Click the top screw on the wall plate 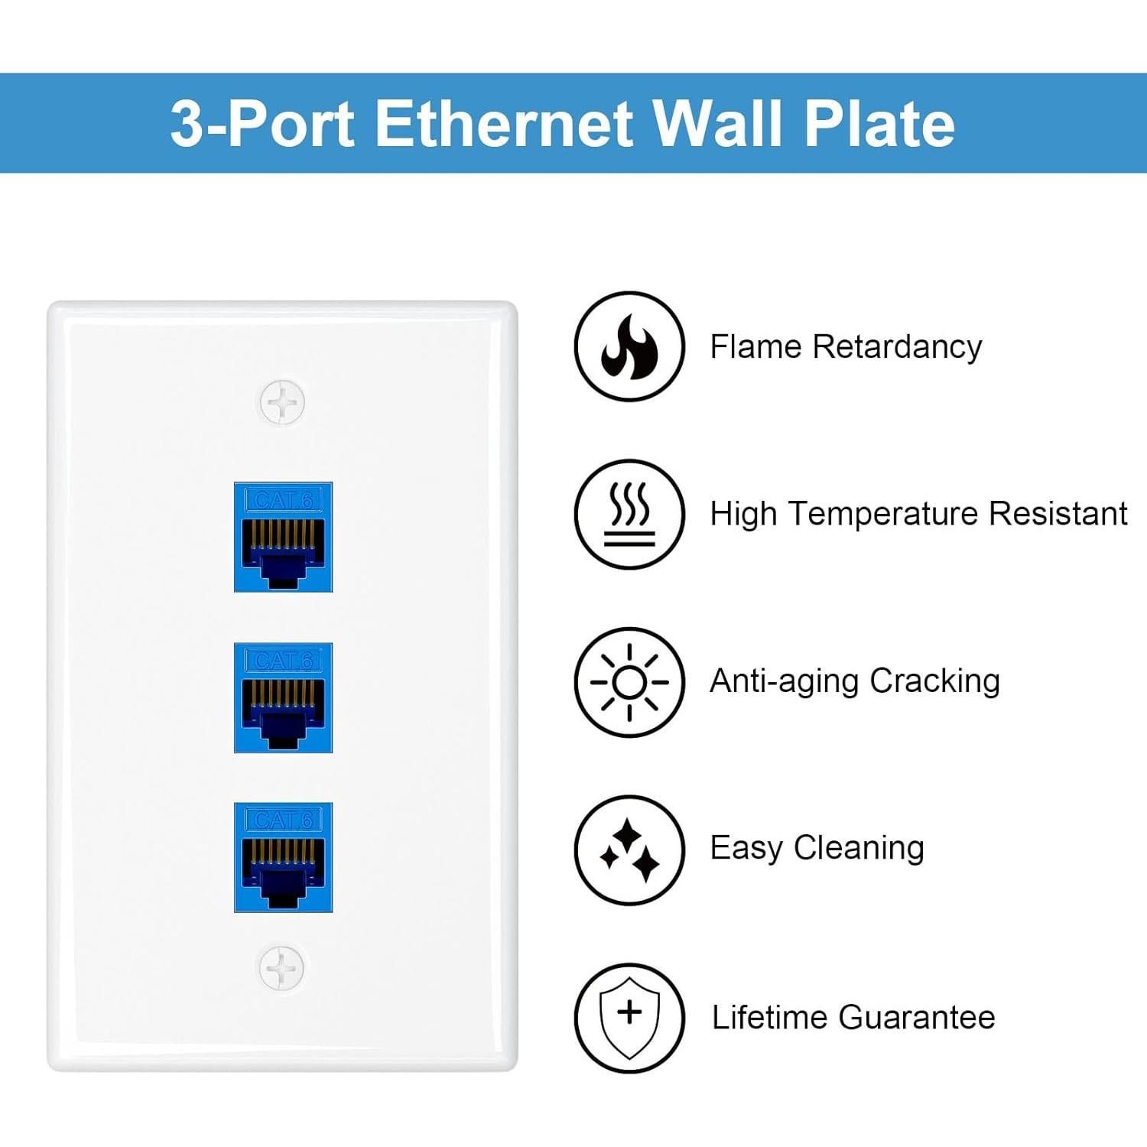282,402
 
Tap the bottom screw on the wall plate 282,967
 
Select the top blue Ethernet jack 283,537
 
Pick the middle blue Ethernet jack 283,697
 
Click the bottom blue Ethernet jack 283,857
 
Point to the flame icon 629,346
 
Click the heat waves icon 629,514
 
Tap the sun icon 629,682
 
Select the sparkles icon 629,850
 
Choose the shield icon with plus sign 629,1017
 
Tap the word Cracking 934,681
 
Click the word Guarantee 917,1017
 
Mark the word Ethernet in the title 505,123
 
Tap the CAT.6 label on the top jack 283,500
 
